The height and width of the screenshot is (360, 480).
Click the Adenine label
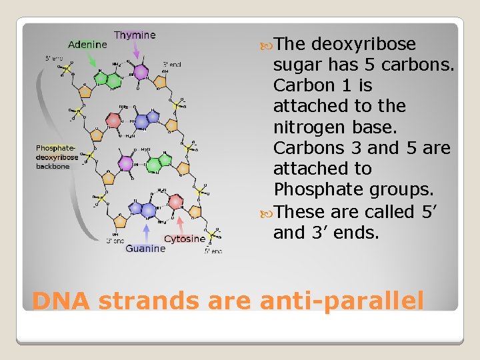click(87, 45)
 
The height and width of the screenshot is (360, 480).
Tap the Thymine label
click(135, 35)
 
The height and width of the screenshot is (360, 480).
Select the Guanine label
click(145, 248)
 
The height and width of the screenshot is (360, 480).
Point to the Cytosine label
click(184, 239)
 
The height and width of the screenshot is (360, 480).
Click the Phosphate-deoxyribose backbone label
click(57, 157)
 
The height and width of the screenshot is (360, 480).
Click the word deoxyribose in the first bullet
click(363, 44)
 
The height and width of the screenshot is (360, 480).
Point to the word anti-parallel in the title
click(341, 301)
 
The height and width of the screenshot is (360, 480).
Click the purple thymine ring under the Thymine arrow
click(141, 72)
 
